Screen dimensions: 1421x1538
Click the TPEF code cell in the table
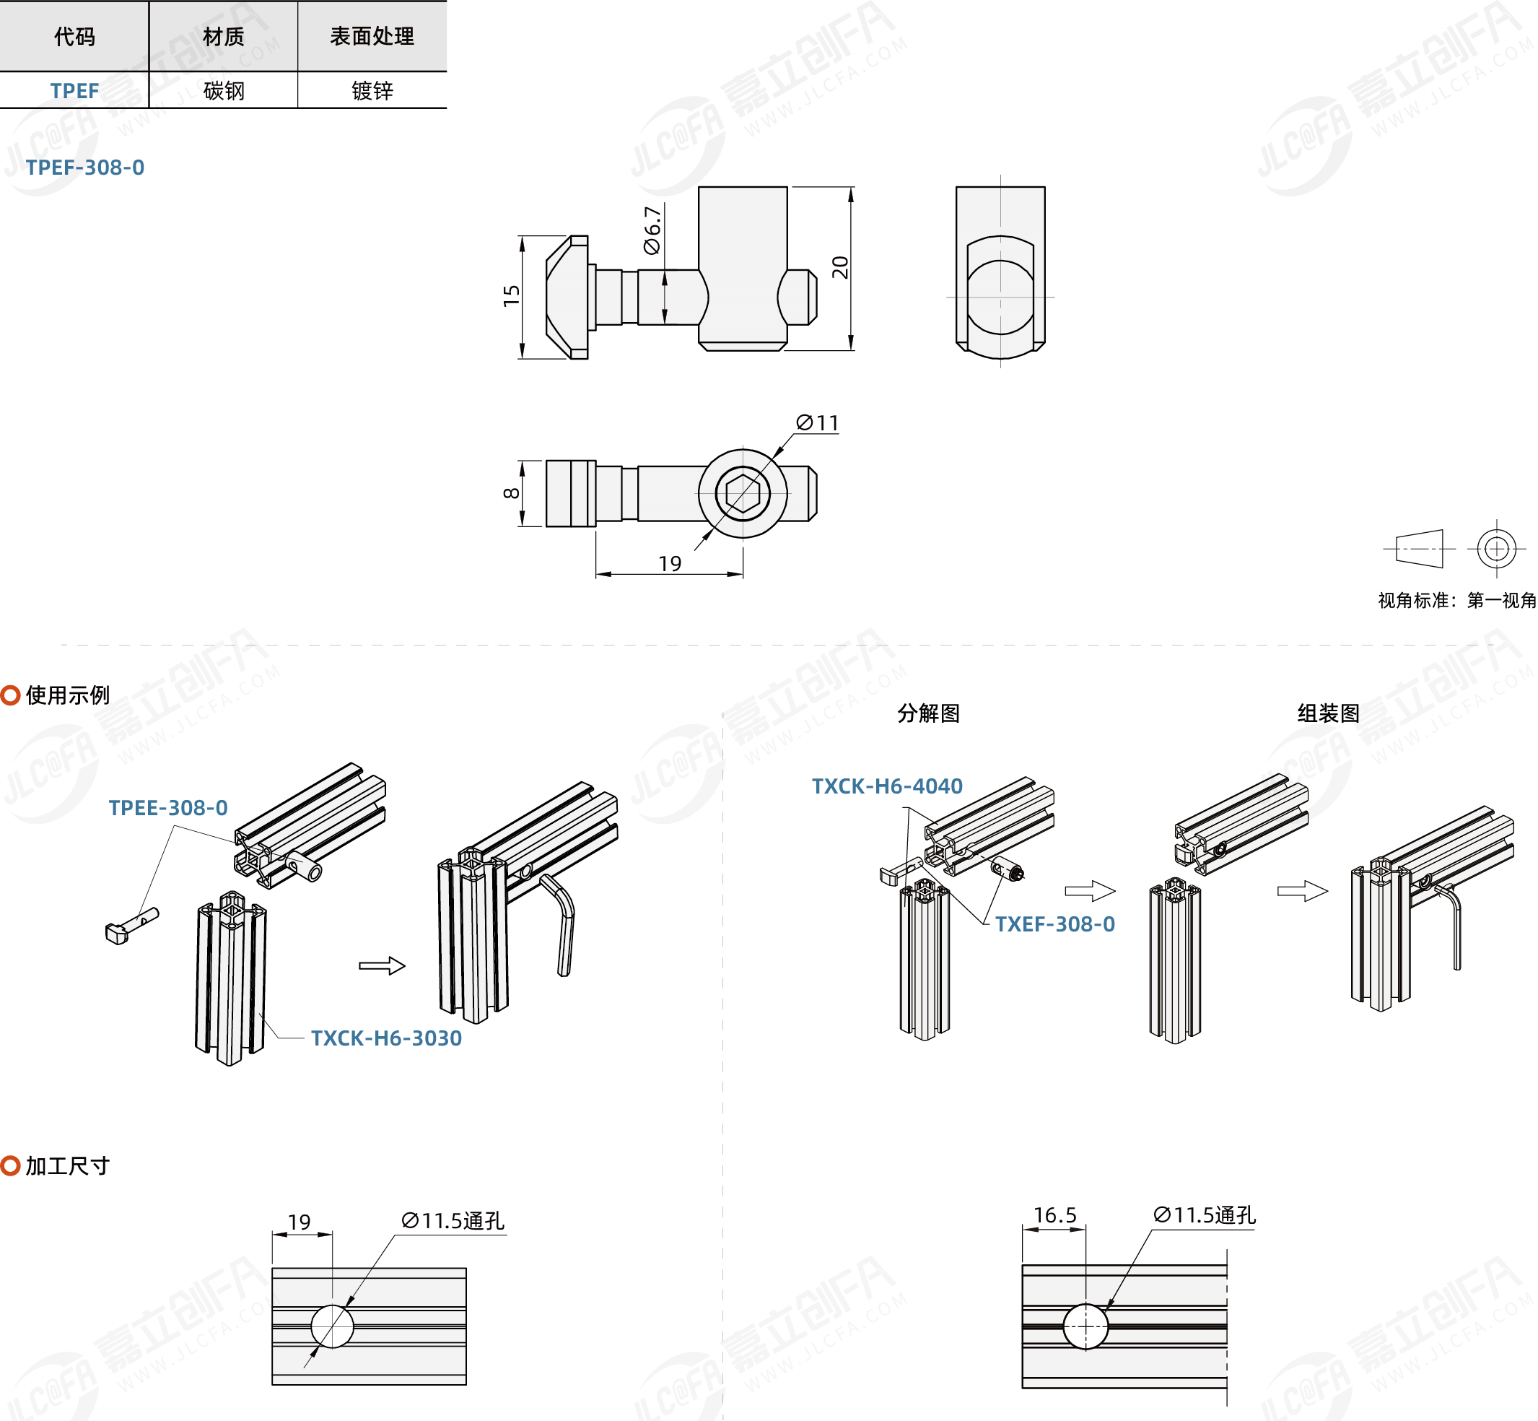coord(74,91)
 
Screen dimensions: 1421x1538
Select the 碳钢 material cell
coord(224,91)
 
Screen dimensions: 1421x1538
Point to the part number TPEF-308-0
coord(85,168)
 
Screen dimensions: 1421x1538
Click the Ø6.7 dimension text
coord(652,230)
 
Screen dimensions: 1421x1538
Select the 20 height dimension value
coord(840,267)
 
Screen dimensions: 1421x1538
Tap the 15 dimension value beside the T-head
coord(511,295)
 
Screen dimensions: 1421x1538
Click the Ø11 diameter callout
coord(818,423)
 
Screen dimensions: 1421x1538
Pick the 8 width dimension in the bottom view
coord(511,493)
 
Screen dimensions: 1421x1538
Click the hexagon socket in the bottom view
coord(743,493)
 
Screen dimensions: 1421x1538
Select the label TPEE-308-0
coord(168,808)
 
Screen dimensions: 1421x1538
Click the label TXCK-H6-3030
coord(386,1039)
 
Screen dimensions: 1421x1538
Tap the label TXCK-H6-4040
coord(887,786)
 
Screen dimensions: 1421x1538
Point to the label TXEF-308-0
coord(1054,924)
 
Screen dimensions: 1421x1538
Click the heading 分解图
coord(928,713)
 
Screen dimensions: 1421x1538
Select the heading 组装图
coord(1328,713)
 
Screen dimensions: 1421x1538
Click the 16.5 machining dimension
coord(1054,1216)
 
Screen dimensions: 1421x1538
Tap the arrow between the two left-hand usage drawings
coord(382,966)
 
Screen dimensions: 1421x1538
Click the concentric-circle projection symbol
coord(1495,549)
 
